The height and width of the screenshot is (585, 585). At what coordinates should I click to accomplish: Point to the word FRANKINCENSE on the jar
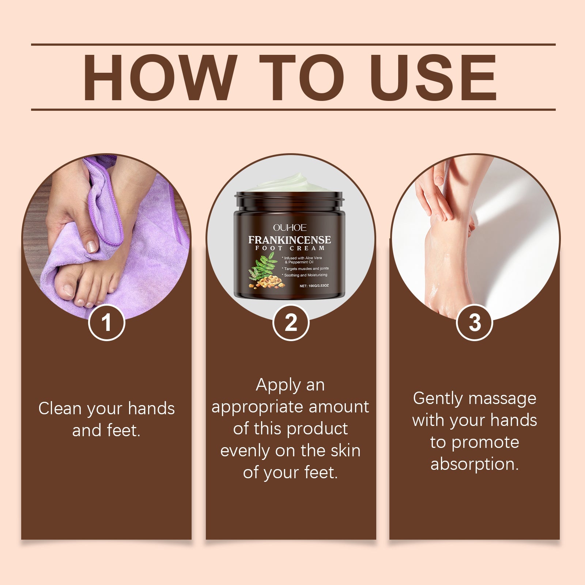point(290,240)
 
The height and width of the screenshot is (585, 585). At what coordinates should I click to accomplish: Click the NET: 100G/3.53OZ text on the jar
point(314,286)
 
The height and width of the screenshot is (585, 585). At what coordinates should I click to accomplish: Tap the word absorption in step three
point(474,464)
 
